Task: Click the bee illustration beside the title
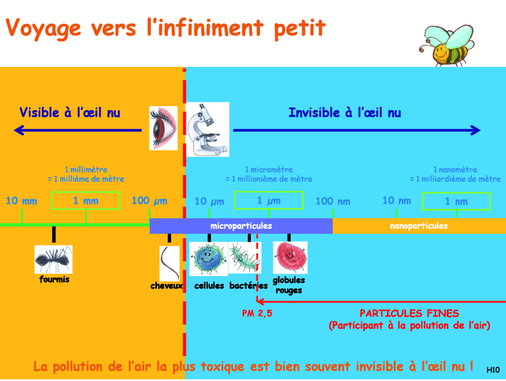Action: point(448,45)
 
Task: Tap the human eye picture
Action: point(163,128)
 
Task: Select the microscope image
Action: point(208,129)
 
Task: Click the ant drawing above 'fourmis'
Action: point(53,260)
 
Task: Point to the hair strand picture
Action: point(169,263)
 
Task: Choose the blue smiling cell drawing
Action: point(209,259)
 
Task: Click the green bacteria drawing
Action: point(244,258)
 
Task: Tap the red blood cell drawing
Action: point(290,258)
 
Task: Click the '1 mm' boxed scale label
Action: point(86,201)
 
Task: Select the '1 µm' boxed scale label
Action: point(269,201)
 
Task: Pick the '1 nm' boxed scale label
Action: point(456,201)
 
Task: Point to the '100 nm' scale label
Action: point(332,201)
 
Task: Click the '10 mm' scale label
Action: point(21,201)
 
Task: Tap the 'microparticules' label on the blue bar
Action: point(241,226)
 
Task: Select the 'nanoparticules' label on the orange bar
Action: point(418,226)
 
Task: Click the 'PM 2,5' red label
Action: point(257,313)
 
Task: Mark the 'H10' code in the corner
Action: point(493,370)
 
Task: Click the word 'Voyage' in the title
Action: point(44,28)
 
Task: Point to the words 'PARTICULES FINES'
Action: point(409,313)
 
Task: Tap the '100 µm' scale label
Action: point(150,201)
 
